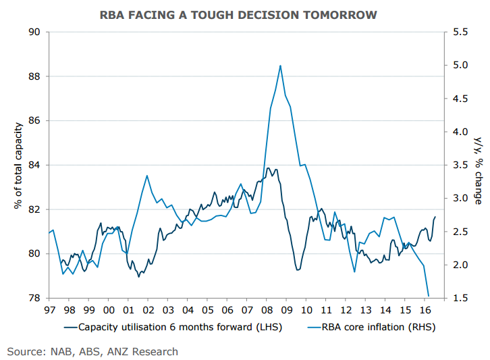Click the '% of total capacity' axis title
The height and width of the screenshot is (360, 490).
tap(18, 165)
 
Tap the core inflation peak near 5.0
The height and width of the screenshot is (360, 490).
tap(280, 66)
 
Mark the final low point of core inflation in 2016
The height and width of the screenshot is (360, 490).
tap(429, 296)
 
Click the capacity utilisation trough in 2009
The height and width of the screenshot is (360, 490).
tap(298, 270)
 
